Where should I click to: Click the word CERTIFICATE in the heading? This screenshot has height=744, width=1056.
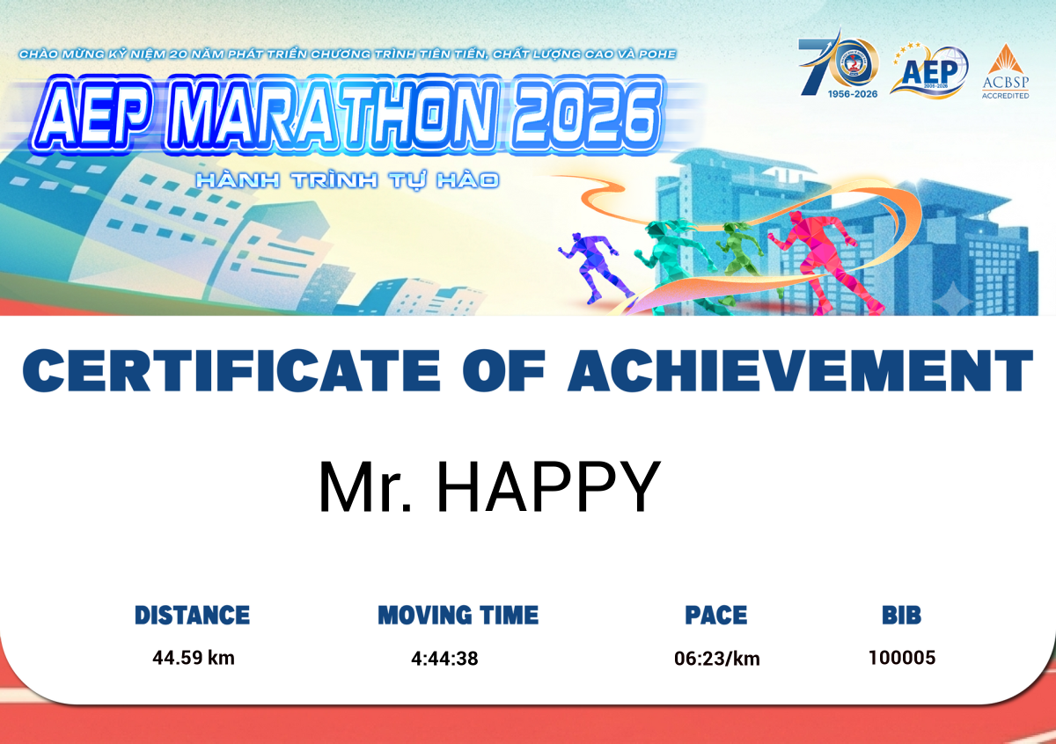pos(231,370)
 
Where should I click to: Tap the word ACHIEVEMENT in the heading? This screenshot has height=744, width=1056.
pos(800,370)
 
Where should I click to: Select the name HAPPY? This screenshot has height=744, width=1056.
pos(549,486)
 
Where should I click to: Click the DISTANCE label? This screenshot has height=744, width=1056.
pos(193,616)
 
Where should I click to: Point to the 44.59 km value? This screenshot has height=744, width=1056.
pos(194,658)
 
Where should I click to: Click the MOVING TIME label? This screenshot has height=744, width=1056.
pos(458,616)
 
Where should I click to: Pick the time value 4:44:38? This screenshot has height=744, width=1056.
pos(444,659)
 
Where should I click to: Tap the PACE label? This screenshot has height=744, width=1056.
pos(716,616)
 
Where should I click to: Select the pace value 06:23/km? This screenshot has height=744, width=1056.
pos(717,659)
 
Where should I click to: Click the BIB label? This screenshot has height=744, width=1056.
pos(902,616)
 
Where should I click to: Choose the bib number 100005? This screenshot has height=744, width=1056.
pos(902,658)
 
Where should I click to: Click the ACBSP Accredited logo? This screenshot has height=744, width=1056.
pos(1006,71)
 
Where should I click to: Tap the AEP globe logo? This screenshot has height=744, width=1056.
pos(928,70)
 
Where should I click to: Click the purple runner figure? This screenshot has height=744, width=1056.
pos(595,267)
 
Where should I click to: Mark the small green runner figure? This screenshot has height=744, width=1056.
pos(739,259)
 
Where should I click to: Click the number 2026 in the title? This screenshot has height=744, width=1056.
pos(584,114)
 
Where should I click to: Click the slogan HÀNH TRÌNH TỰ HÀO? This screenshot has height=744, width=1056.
pos(348,180)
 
